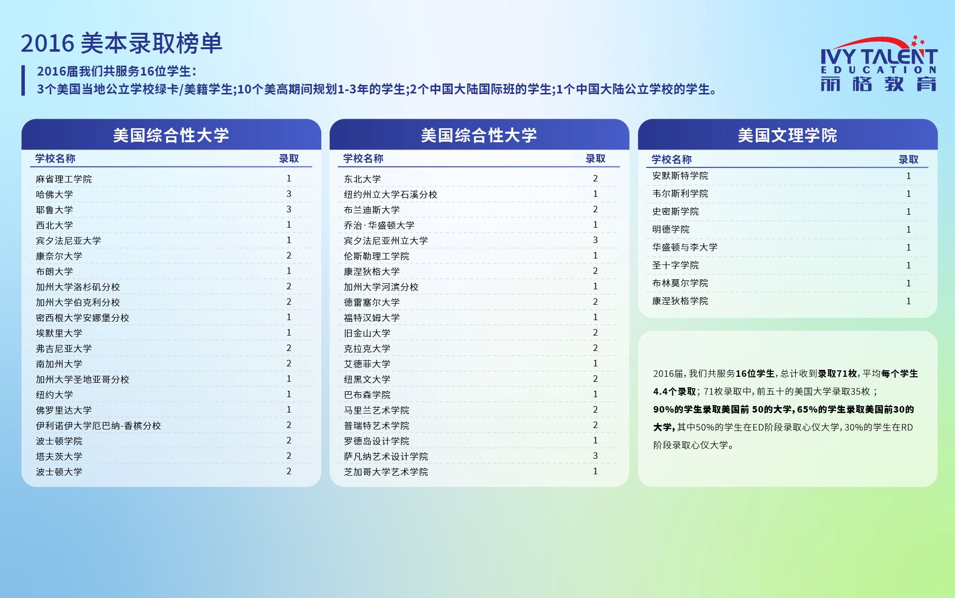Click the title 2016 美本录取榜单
point(121,43)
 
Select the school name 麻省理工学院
point(64,179)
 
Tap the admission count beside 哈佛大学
point(289,194)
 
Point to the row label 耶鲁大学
point(54,210)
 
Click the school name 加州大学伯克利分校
point(78,302)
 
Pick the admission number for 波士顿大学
point(289,471)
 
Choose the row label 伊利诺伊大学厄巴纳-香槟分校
point(98,426)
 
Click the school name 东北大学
point(362,179)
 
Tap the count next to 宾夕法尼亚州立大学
point(595,240)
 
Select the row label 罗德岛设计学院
point(377,441)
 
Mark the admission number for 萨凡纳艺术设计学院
point(595,456)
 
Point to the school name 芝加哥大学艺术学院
point(386,472)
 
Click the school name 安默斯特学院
point(680,176)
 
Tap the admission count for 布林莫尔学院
point(909,283)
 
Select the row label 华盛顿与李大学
point(685,248)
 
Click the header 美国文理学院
point(787,135)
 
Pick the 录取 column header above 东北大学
point(595,159)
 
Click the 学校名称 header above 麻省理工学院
point(55,159)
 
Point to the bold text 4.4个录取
point(674,392)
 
